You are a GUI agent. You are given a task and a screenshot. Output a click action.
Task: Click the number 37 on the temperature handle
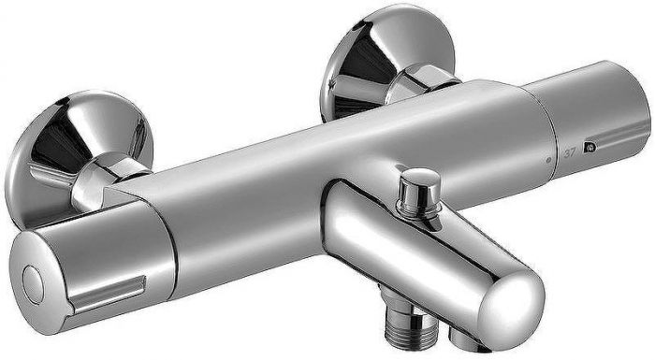click(569, 153)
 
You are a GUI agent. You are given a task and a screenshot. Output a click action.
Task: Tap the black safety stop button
click(590, 147)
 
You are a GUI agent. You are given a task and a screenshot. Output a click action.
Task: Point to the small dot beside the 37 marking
click(548, 159)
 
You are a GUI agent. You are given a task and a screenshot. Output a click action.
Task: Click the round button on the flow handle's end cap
click(33, 284)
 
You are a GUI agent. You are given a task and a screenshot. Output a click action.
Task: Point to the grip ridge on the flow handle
click(108, 294)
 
